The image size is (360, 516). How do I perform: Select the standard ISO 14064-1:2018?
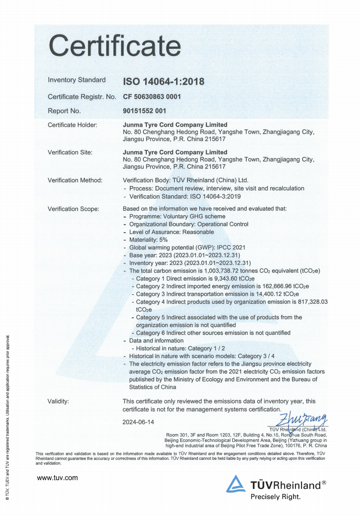point(163,81)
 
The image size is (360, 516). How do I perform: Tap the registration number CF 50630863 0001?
point(152,97)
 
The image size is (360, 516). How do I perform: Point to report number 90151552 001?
point(145,111)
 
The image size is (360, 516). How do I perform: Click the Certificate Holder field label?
point(72,125)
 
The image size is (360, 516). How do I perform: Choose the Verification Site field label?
point(70,153)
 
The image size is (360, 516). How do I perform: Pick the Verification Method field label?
point(75,180)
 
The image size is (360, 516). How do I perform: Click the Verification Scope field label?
point(73,209)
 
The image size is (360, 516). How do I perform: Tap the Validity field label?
point(58,401)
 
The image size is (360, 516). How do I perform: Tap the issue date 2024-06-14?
point(138,422)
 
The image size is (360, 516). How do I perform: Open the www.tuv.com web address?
point(58,478)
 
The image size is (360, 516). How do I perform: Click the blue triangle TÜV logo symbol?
point(235,484)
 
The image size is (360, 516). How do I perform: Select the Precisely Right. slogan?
point(275,496)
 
